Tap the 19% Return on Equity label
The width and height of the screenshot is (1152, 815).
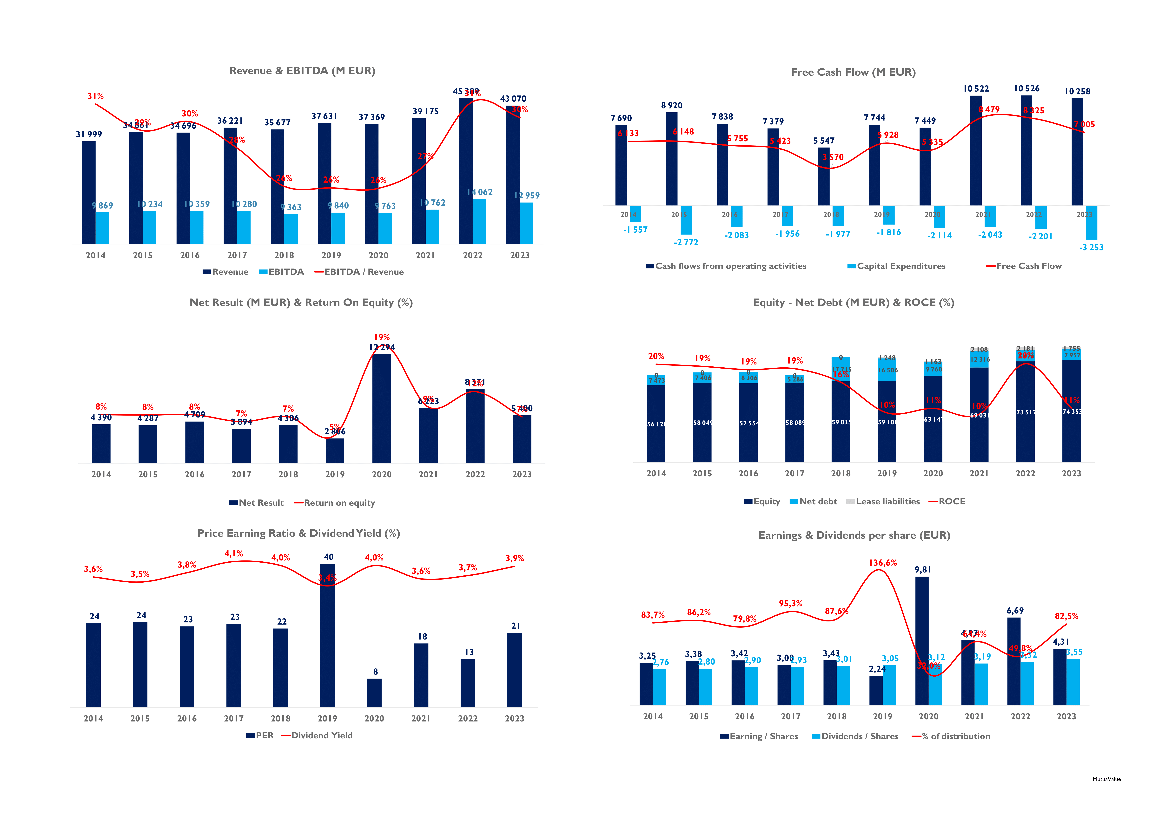pyautogui.click(x=382, y=337)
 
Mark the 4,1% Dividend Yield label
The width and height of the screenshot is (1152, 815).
pyautogui.click(x=234, y=553)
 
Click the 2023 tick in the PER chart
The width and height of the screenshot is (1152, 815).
pyautogui.click(x=514, y=719)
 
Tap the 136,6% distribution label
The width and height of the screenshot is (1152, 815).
pyautogui.click(x=883, y=563)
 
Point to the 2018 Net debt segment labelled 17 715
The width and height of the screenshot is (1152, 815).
pyautogui.click(x=841, y=369)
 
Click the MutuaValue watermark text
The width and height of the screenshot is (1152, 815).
pyautogui.click(x=1106, y=779)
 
